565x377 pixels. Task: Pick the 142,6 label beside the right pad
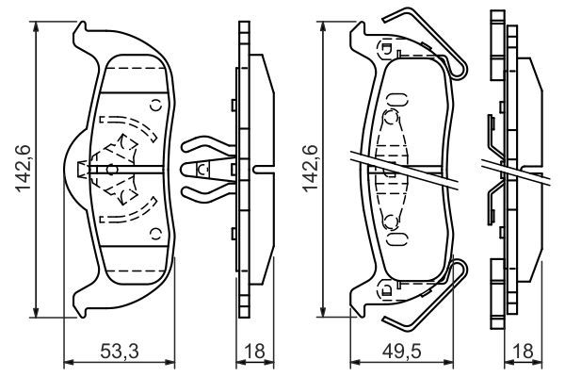point(306,171)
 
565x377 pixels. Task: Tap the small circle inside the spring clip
point(202,169)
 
